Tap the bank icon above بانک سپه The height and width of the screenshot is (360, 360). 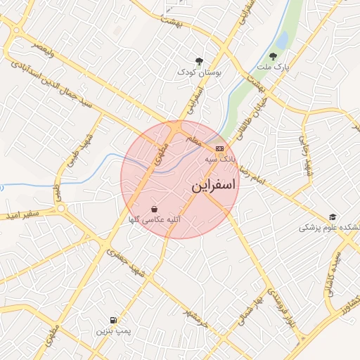click(220, 148)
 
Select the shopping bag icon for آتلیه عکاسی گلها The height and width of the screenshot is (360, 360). click(154, 208)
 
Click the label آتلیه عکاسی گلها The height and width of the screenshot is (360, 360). click(153, 220)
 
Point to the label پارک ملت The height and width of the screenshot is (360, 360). click(273, 67)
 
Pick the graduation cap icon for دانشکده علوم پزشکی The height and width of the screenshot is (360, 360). click(333, 217)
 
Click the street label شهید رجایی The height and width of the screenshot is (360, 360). click(307, 157)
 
